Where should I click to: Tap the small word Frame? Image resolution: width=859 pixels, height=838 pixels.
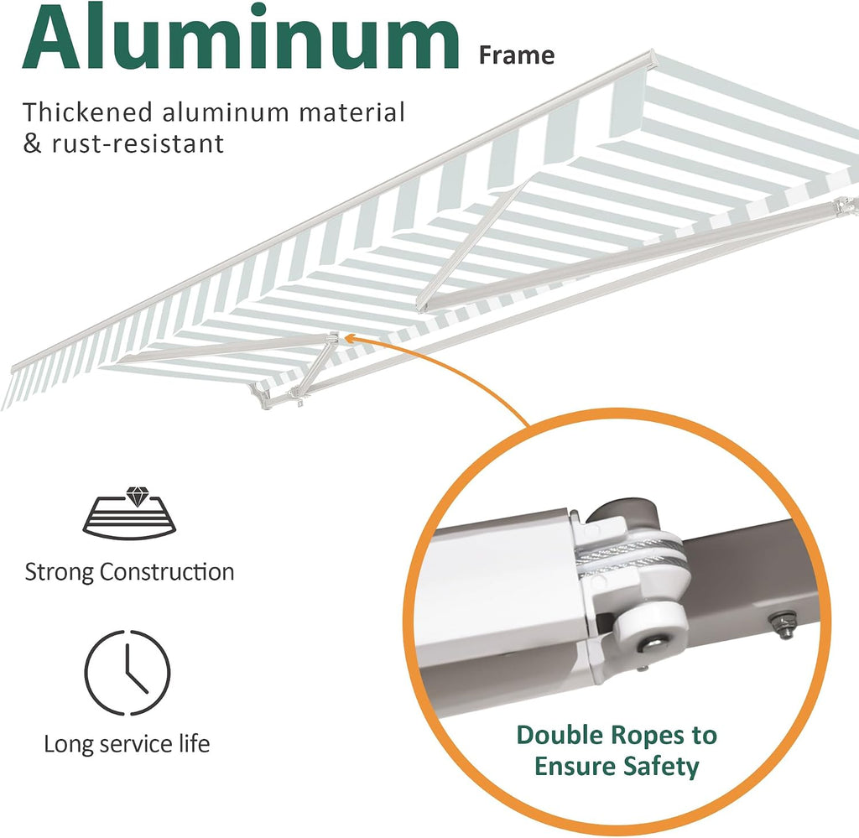(x=517, y=55)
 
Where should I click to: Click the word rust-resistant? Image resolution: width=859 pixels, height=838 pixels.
(x=138, y=144)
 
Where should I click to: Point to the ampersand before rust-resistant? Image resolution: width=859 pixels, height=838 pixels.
(x=33, y=144)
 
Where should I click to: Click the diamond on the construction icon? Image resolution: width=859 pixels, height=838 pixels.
(x=135, y=496)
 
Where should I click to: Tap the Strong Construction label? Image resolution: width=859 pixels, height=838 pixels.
(x=129, y=571)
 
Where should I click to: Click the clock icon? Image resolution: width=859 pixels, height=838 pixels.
(x=128, y=673)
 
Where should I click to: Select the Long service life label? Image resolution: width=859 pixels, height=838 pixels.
(x=127, y=744)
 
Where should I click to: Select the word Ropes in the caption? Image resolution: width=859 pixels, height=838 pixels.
(x=649, y=736)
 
